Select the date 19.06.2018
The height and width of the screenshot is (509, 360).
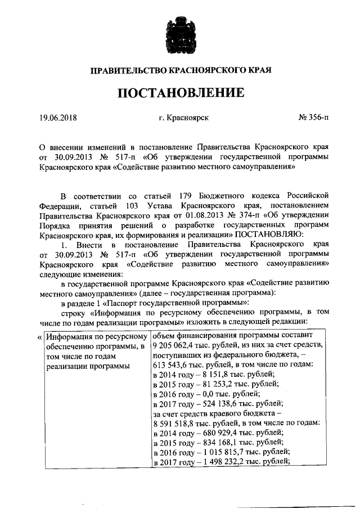(x=58, y=118)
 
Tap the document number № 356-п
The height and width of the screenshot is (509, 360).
(x=313, y=118)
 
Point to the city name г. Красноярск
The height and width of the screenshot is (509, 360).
(x=184, y=118)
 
